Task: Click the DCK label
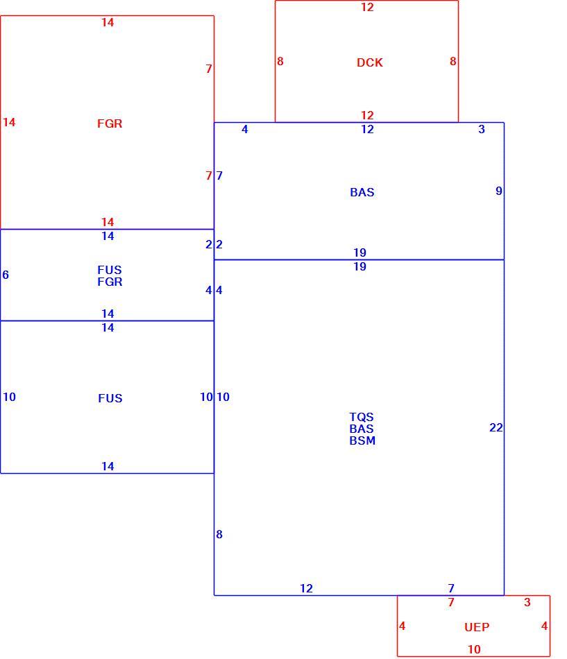370,62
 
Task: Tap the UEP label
477,627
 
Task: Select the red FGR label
110,123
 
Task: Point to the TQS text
362,417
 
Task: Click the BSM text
362,440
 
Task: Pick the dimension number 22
496,427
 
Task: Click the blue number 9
499,191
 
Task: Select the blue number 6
6,275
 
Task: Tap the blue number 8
219,534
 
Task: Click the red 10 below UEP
474,649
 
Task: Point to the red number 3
527,602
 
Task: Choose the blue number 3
482,129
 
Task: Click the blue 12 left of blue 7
306,588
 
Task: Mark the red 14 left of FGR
9,122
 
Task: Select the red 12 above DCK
367,7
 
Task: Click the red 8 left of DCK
280,61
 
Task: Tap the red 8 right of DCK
453,61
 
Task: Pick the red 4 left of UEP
402,626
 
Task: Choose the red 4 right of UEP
544,626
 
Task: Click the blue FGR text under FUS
110,282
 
